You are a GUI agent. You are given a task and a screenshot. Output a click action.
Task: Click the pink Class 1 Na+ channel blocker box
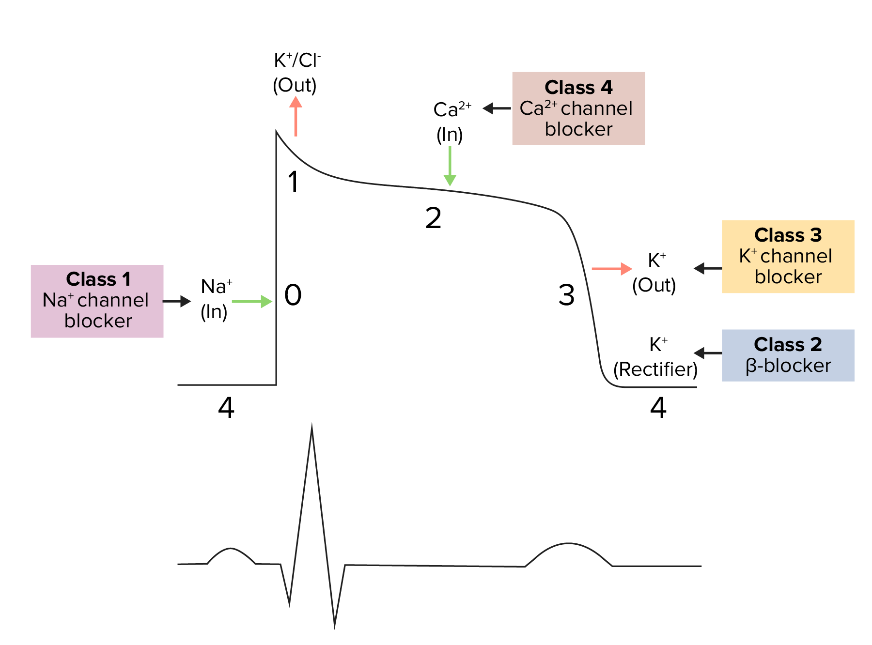97,301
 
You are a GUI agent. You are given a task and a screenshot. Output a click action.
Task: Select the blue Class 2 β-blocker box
788,355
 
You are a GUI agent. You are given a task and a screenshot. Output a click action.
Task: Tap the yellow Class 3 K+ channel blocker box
788,256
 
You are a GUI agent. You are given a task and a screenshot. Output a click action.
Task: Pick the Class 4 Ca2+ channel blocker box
578,108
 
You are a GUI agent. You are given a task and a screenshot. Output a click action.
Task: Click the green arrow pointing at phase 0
252,301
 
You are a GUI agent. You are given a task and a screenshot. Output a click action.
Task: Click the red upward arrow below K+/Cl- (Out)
296,116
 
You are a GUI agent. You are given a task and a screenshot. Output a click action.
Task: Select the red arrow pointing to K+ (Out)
612,268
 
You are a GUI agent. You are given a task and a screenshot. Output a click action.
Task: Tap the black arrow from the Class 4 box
497,108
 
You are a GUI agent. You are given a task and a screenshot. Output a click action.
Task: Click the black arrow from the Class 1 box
177,301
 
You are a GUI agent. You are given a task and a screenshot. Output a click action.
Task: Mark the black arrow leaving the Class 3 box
708,268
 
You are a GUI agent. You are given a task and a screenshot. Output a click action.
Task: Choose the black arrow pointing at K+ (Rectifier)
708,353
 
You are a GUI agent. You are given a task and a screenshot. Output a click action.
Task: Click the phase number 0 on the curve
293,295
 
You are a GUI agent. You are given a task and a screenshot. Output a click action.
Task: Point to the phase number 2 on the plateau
433,218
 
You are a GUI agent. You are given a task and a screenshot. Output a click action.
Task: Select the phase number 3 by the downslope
566,295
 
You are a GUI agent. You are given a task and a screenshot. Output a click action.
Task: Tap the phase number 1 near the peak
293,182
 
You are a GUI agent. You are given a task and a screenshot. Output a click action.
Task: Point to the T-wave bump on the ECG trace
569,546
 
